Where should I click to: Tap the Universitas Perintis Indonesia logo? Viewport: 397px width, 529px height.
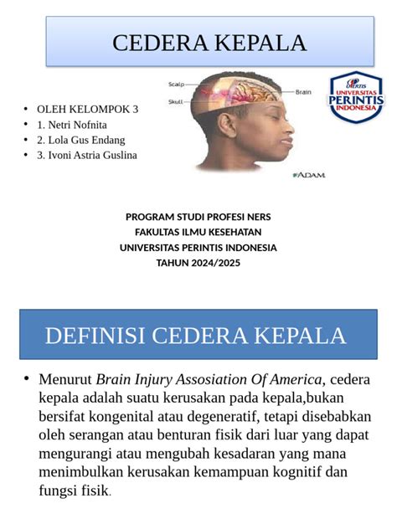pyautogui.click(x=356, y=98)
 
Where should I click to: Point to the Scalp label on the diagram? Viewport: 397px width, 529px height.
pyautogui.click(x=177, y=84)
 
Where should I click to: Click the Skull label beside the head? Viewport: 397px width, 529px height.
pyautogui.click(x=176, y=100)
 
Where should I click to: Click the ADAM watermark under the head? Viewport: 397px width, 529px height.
pyautogui.click(x=308, y=175)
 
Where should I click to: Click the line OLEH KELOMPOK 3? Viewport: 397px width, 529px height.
pyautogui.click(x=87, y=109)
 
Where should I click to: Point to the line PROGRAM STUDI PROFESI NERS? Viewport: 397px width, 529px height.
pyautogui.click(x=198, y=217)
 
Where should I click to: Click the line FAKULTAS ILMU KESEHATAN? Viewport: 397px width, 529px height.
pyautogui.click(x=198, y=232)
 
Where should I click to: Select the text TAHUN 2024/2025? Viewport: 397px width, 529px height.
pyautogui.click(x=198, y=263)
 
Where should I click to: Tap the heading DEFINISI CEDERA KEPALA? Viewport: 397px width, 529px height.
pyautogui.click(x=195, y=336)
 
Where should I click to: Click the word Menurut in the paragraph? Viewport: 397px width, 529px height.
pyautogui.click(x=65, y=378)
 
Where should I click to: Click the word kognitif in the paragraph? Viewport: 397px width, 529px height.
pyautogui.click(x=281, y=471)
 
